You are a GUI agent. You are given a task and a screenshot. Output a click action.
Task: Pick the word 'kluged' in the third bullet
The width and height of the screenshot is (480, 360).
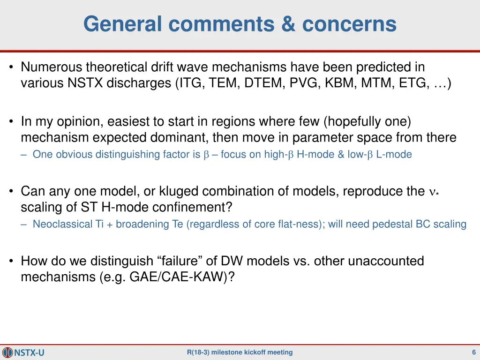(183, 191)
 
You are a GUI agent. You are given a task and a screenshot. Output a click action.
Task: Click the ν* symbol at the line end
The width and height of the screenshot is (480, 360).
(434, 192)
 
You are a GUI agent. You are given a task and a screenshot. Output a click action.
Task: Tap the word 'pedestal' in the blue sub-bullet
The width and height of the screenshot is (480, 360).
(393, 224)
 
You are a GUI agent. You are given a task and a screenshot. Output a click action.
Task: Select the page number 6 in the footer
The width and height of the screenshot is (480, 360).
(474, 352)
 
